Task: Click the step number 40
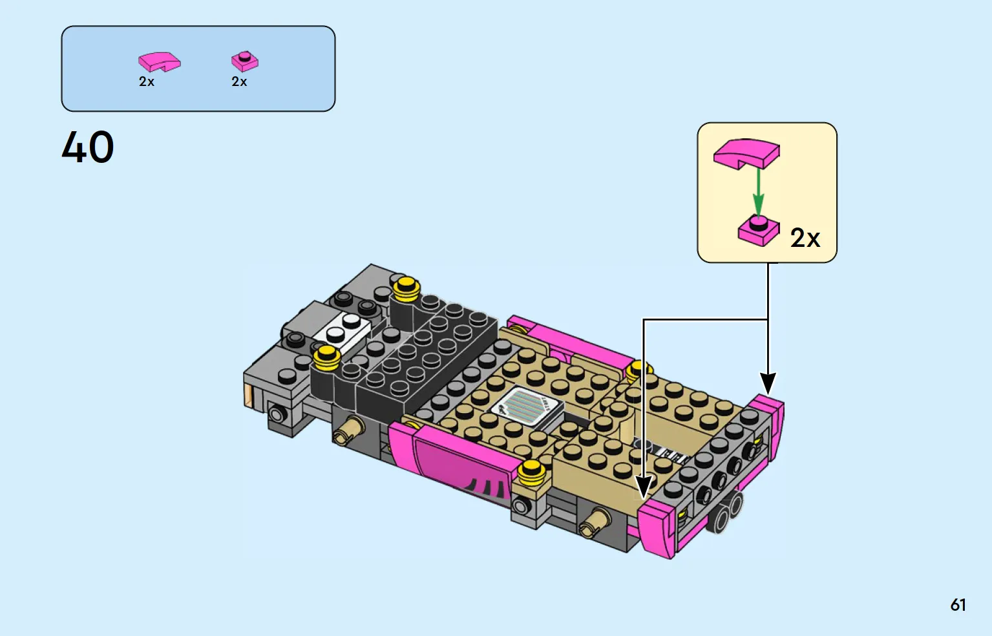tap(88, 147)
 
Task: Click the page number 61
tap(958, 605)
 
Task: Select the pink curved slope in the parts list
tap(160, 62)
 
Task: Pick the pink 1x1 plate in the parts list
tap(245, 61)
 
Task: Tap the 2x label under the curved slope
tap(147, 81)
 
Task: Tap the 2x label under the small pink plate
tap(239, 81)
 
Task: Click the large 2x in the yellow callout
tap(805, 238)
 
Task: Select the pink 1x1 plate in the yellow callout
tap(759, 230)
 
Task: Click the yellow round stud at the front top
tap(406, 288)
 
